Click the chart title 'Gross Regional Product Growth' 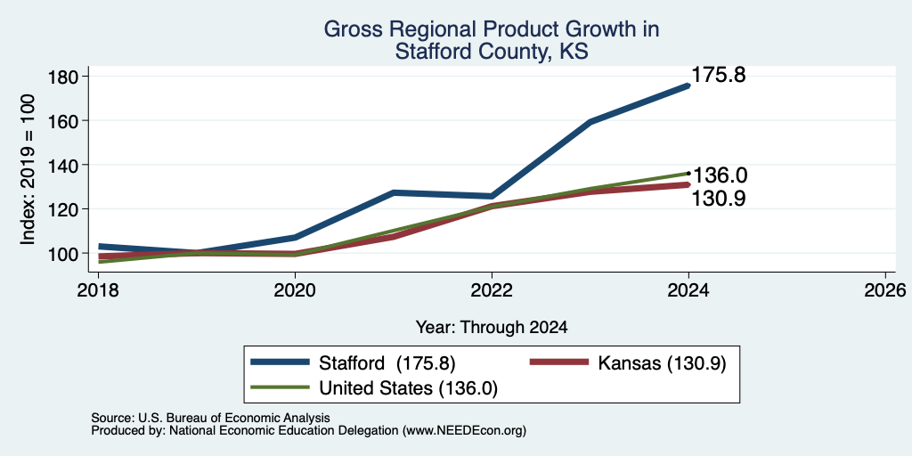[x=492, y=29]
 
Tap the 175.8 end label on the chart [x=719, y=75]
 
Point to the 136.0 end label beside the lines [x=719, y=175]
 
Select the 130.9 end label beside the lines [x=719, y=199]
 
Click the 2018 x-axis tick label [x=98, y=289]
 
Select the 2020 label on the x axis [x=295, y=289]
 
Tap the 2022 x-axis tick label [x=492, y=289]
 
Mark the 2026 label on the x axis [x=885, y=289]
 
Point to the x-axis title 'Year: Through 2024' [x=492, y=328]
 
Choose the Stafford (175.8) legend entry [x=353, y=363]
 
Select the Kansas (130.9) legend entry [x=628, y=363]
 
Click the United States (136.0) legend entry [x=374, y=388]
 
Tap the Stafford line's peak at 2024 [x=688, y=85]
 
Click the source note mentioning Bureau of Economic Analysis [x=210, y=418]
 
